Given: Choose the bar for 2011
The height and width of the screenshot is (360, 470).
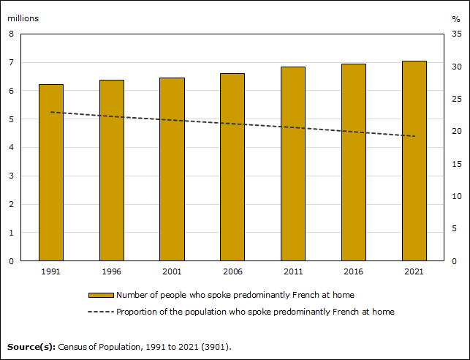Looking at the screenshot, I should [293, 164].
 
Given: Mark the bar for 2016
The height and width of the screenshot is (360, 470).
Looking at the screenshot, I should [354, 162].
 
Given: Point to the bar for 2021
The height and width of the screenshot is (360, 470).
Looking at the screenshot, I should [414, 161].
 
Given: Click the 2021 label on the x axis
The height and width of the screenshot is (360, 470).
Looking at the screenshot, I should [414, 271].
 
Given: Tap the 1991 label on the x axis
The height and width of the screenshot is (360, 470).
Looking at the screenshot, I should [51, 271].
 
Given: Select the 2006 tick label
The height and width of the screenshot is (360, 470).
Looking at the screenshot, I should [232, 271].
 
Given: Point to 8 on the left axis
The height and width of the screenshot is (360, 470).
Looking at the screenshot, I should [12, 34].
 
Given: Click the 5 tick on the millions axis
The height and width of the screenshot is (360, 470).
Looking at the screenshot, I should [12, 119].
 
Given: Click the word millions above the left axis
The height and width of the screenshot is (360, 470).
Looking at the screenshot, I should [23, 18].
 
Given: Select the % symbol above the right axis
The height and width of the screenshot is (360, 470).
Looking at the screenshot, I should [456, 18].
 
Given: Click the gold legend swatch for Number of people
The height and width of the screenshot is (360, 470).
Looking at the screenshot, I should [101, 295].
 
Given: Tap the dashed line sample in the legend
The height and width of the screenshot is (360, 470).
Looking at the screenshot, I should [101, 312].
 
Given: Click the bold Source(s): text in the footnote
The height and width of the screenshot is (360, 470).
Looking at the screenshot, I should [31, 346].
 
